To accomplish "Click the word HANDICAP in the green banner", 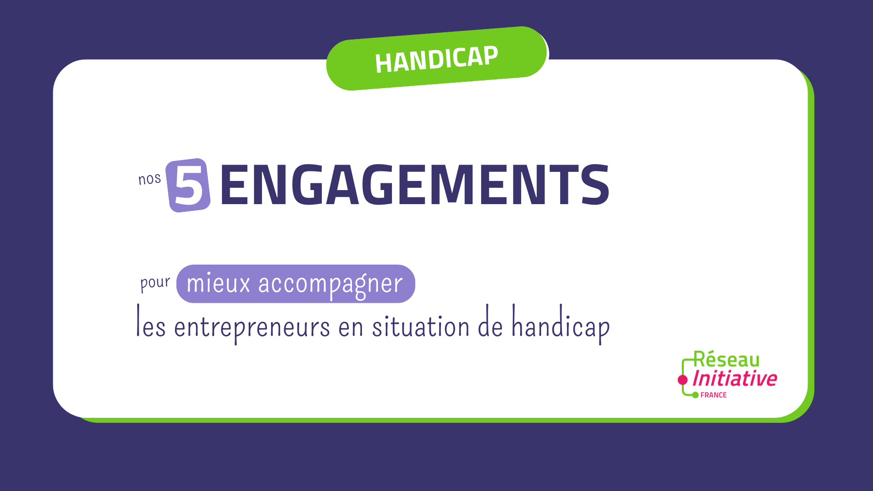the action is click(436, 60).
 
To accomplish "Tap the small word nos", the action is click(150, 179).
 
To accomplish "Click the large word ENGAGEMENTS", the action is click(414, 184).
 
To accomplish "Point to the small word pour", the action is click(155, 283).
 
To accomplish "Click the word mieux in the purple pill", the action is click(218, 283).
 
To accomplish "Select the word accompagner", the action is click(331, 285).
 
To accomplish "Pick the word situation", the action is click(421, 324).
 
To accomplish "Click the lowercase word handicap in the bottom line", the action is click(561, 324).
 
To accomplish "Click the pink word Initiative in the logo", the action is click(735, 378).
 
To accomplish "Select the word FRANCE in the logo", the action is click(713, 395).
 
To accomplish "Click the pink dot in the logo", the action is click(682, 380).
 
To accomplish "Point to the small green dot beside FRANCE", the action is click(695, 395).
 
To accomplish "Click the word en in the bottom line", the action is click(351, 327).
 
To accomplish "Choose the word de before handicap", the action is click(490, 321).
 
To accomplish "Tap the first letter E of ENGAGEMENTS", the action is click(235, 184).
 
